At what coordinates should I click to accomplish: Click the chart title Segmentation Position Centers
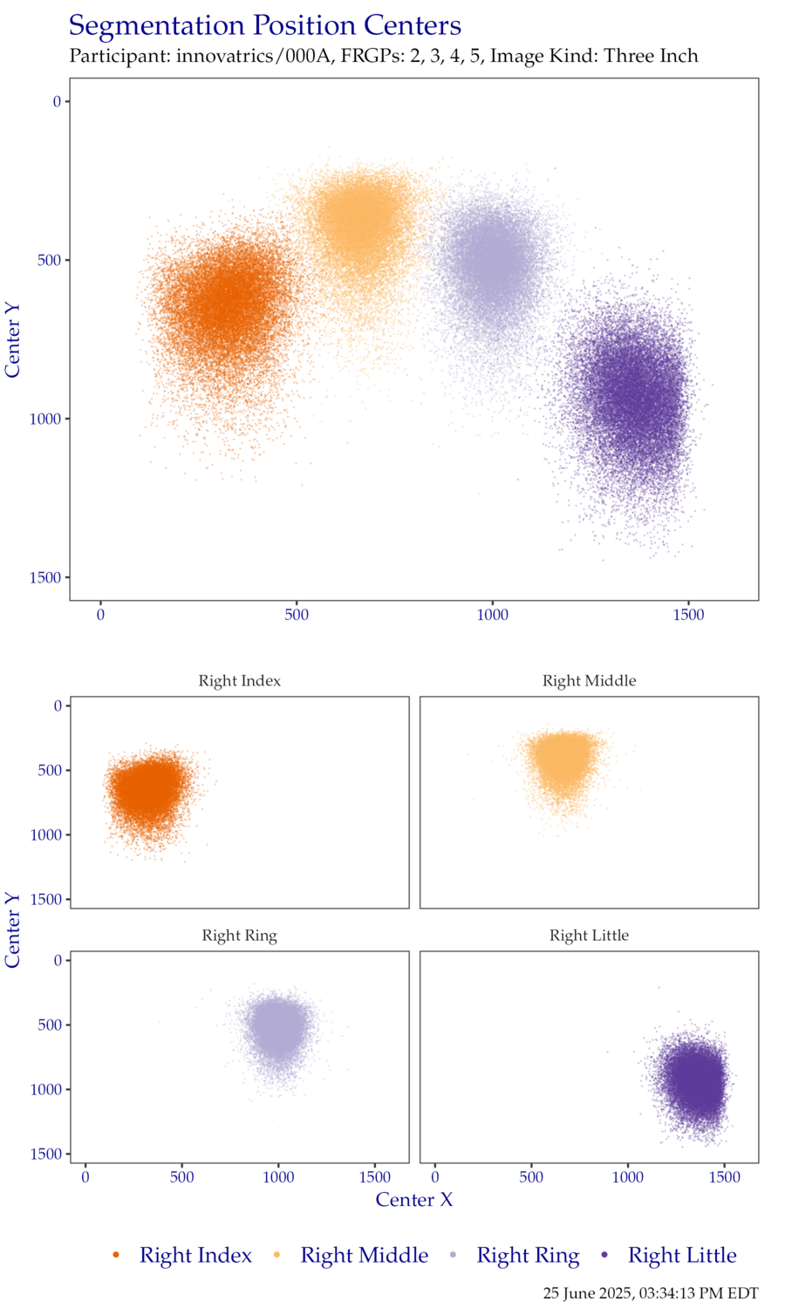[264, 26]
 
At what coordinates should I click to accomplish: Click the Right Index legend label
[195, 1256]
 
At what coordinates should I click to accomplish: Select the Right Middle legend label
[364, 1256]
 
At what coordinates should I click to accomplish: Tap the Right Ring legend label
[527, 1256]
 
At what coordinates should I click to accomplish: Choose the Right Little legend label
[682, 1256]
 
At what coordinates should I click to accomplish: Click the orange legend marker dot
[116, 1256]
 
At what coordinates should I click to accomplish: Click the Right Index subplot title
[239, 681]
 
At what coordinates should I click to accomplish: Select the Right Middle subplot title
[589, 681]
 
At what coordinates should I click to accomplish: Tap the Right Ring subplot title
[239, 936]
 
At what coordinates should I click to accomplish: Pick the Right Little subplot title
[589, 936]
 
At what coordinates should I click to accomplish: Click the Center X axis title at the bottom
[414, 1200]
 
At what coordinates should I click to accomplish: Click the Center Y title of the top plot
[12, 340]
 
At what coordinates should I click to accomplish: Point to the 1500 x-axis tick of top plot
[688, 616]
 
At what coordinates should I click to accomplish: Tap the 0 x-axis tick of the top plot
[100, 616]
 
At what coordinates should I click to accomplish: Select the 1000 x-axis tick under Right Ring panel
[278, 1178]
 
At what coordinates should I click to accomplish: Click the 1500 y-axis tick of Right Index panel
[51, 899]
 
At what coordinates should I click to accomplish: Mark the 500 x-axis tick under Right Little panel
[531, 1178]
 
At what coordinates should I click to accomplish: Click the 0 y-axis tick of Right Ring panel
[58, 960]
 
